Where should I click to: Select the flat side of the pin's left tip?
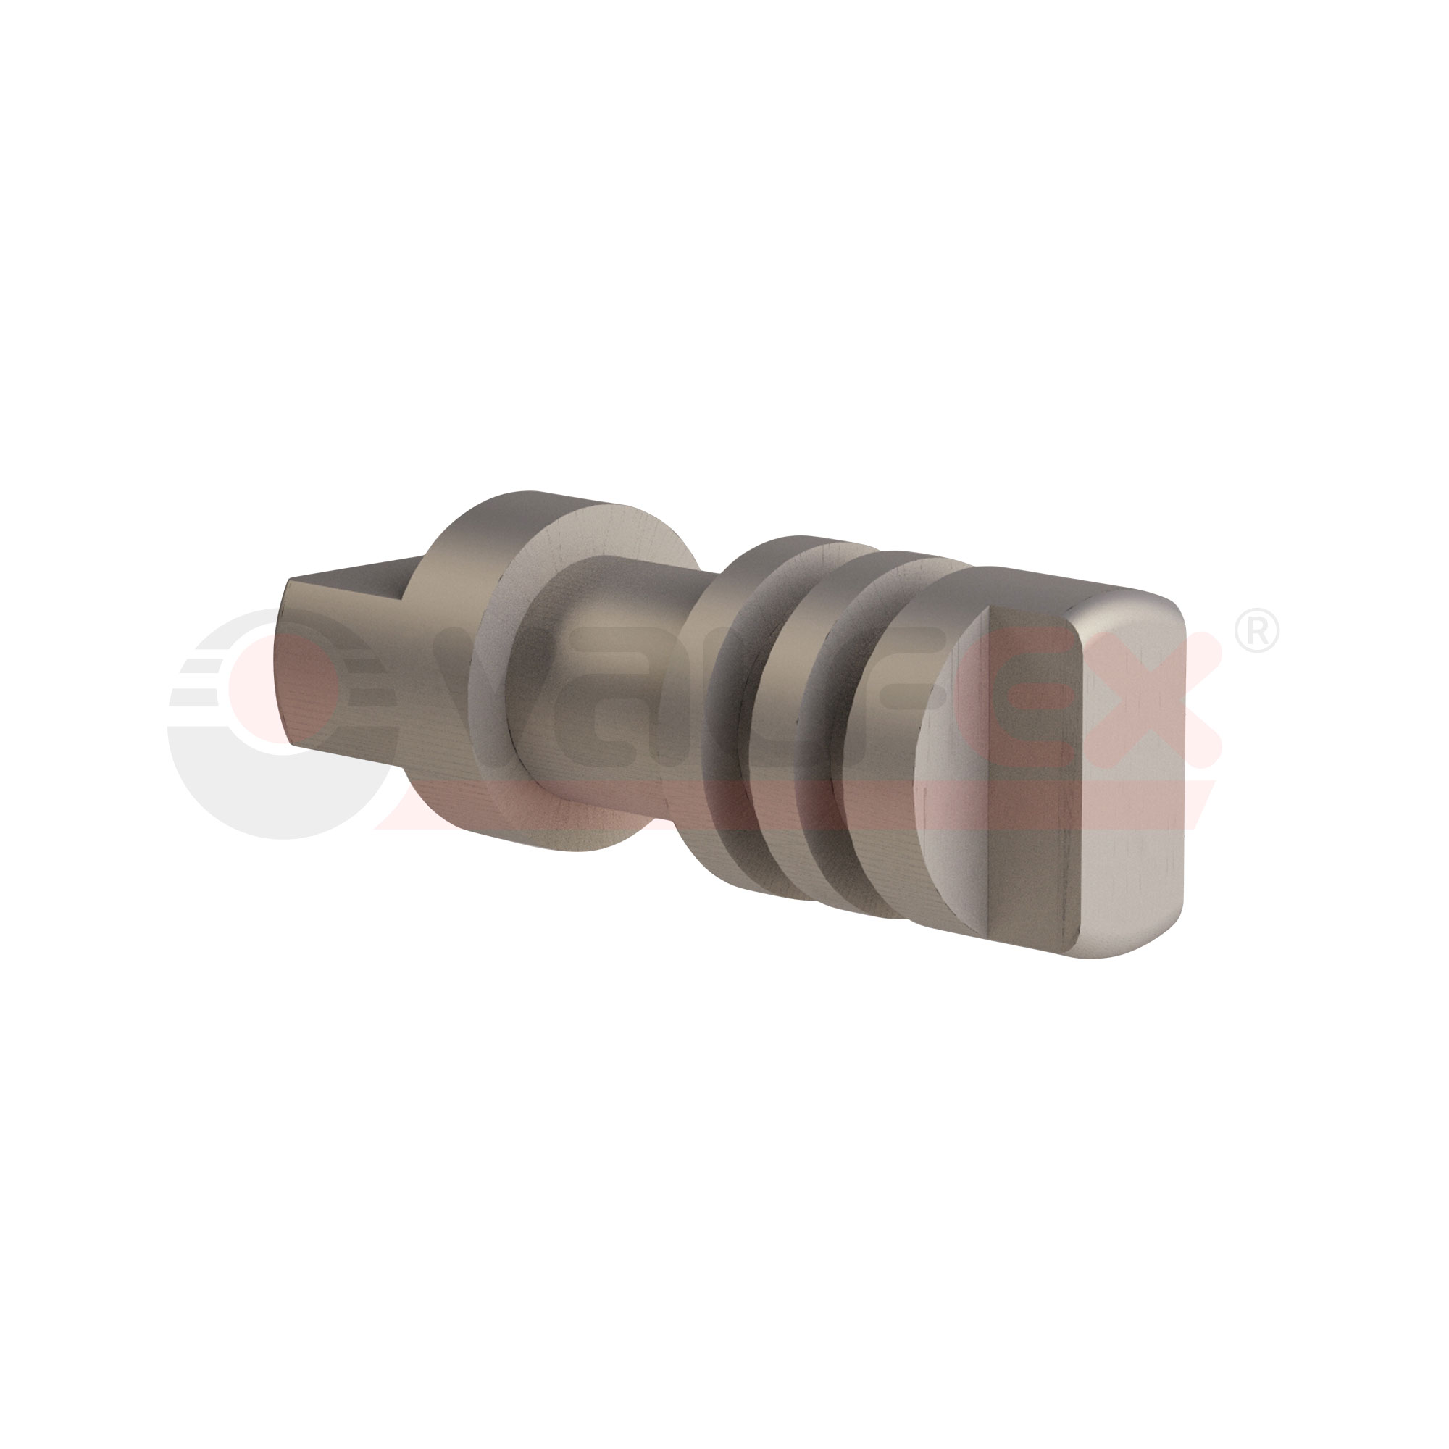pos(330,675)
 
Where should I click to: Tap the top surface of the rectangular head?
pos(1050,585)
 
